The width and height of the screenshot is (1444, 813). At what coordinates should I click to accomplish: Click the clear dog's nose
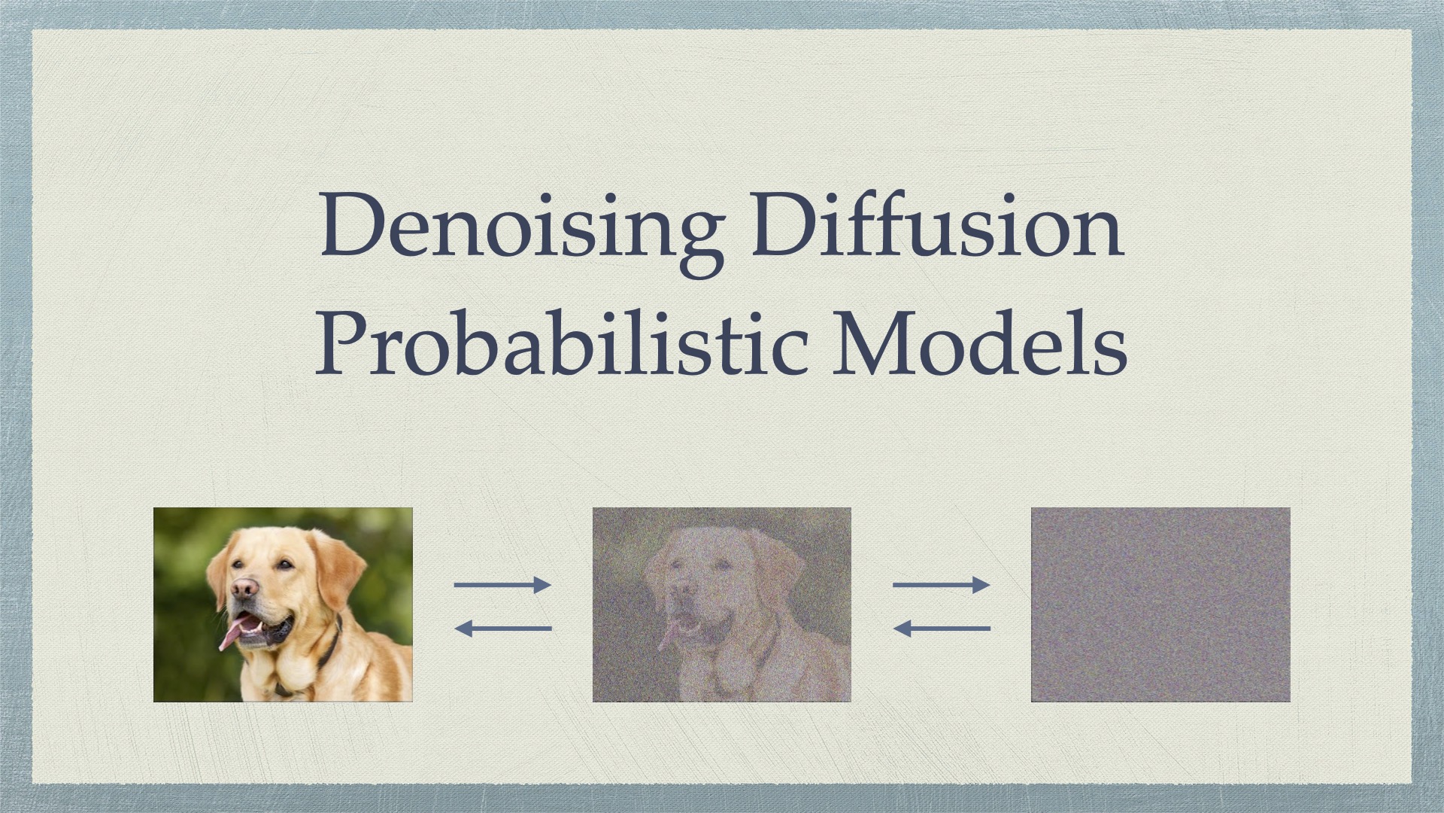coord(244,589)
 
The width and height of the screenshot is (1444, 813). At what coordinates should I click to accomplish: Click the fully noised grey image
coord(1160,604)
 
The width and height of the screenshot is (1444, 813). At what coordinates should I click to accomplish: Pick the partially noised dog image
coord(722,604)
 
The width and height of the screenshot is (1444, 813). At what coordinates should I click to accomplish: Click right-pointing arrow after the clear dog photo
coord(502,585)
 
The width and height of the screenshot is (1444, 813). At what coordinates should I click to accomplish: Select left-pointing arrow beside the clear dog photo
coord(502,628)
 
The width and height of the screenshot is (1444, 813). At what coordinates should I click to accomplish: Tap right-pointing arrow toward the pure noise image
coord(942,585)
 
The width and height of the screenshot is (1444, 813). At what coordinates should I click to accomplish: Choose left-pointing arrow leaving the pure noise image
coord(942,628)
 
